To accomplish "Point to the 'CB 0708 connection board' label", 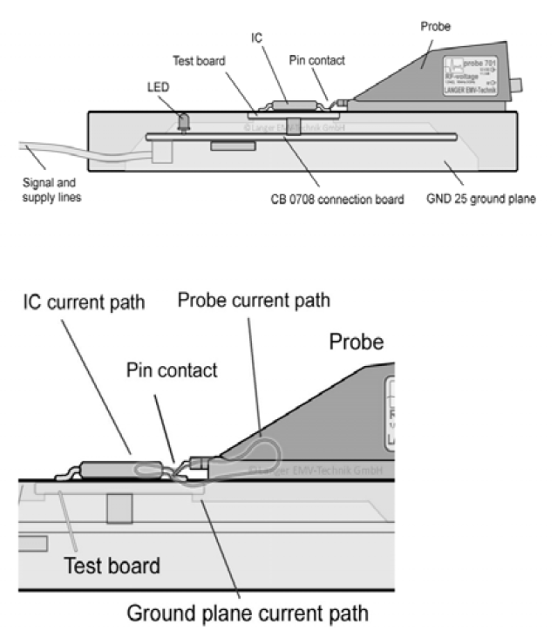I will pyautogui.click(x=337, y=200).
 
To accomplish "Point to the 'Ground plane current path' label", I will pyautogui.click(x=248, y=613).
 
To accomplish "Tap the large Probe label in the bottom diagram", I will pyautogui.click(x=356, y=342).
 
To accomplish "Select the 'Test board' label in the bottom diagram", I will pyautogui.click(x=112, y=566).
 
